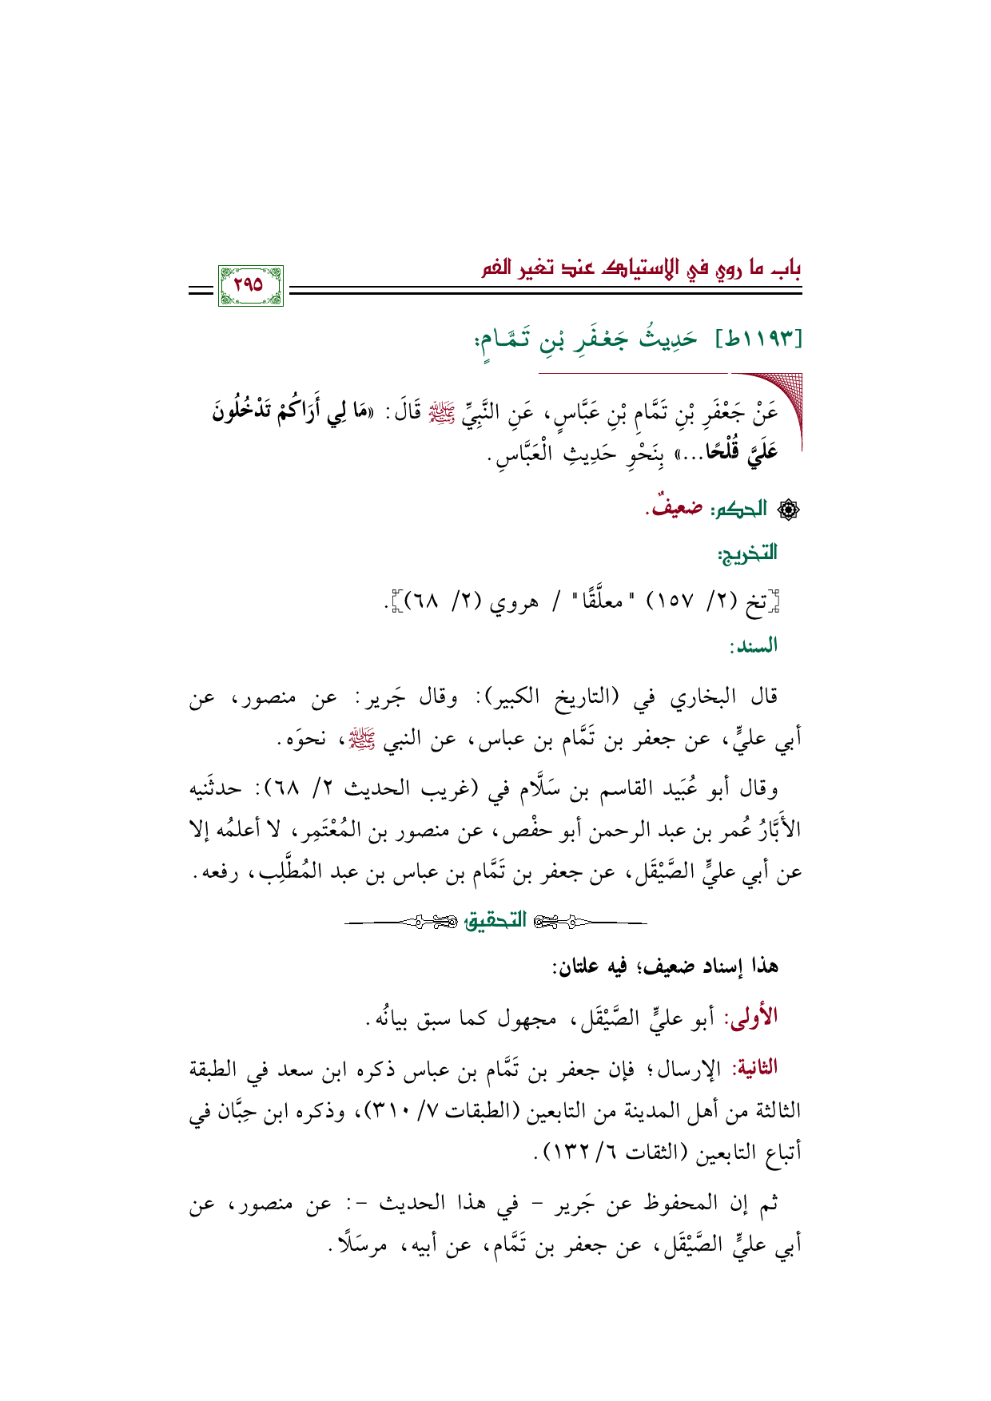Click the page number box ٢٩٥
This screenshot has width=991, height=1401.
click(x=250, y=286)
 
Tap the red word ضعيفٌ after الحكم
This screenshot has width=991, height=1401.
click(x=673, y=508)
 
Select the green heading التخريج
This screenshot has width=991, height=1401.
click(x=746, y=553)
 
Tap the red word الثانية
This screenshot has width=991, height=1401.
click(x=750, y=1067)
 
